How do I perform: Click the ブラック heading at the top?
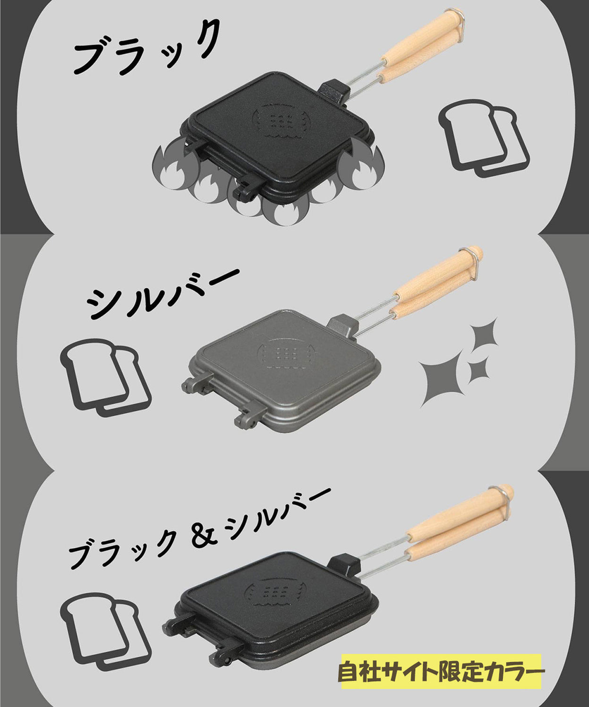coord(146,50)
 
